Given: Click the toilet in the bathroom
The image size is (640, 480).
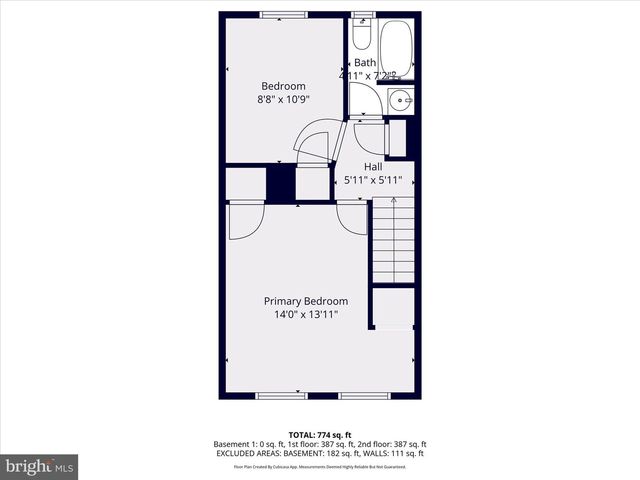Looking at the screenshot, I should click(362, 37).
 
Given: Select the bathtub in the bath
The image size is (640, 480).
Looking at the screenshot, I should click(397, 46).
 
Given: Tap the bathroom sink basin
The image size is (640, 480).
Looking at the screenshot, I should click(400, 99).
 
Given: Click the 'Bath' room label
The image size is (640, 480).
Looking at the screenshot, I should click(365, 63).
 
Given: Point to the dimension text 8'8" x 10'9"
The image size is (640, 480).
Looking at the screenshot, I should click(284, 99).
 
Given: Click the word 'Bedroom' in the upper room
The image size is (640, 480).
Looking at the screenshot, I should click(284, 86).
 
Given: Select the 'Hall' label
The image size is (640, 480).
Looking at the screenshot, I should click(373, 167).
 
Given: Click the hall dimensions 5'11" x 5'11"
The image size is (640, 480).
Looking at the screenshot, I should click(373, 181).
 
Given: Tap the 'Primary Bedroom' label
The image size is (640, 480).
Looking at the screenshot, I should click(306, 301).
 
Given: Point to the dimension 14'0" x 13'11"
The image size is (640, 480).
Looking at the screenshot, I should click(306, 315).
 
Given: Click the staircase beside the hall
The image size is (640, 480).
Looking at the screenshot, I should click(393, 240).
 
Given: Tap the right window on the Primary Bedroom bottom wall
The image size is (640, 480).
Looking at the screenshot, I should click(363, 395).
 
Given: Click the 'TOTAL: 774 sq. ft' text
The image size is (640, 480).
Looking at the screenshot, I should click(319, 435).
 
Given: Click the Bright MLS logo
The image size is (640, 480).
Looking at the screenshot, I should click(39, 466).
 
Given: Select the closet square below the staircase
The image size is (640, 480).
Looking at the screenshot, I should click(393, 307).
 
